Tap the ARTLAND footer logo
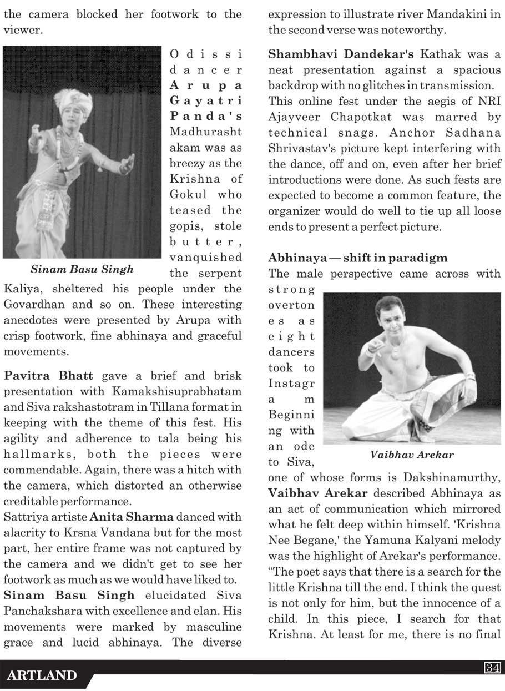coord(42,676)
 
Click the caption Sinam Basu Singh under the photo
coord(82,270)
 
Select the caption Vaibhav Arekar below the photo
coord(412,455)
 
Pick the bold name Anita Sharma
coord(132,517)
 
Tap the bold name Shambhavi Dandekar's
coord(341,54)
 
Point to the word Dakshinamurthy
coord(455,478)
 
